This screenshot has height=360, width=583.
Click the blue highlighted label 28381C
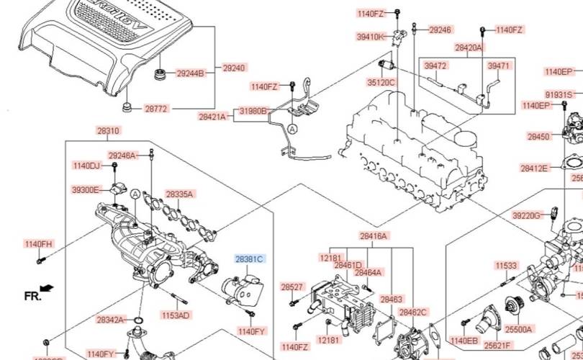pos(250,258)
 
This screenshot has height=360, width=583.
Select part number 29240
pos(233,68)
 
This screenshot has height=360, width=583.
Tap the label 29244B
pos(191,73)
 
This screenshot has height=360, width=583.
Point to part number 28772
pos(155,109)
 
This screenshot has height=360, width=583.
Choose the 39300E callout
pos(86,190)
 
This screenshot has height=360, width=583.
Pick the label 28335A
pos(180,194)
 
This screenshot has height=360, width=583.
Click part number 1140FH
pos(38,244)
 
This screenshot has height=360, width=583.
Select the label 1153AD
pos(175,315)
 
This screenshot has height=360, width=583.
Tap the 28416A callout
pos(374,235)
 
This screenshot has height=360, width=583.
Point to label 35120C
pos(381,83)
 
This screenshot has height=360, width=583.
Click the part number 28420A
pos(469,48)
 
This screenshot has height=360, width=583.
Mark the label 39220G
pos(526,215)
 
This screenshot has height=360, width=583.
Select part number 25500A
pos(518,330)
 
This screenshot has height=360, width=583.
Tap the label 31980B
pos(253,112)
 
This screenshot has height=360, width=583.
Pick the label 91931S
pos(559,94)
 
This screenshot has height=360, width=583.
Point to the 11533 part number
pos(506,266)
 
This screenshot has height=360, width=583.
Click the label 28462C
pos(413,312)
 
